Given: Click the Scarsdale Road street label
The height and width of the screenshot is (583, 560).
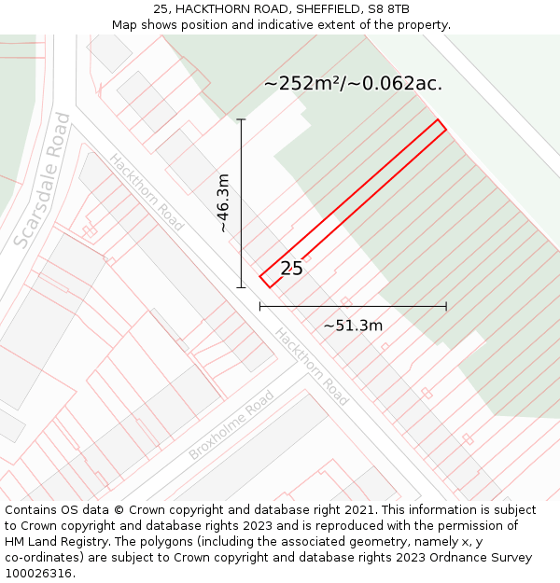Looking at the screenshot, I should pyautogui.click(x=42, y=181).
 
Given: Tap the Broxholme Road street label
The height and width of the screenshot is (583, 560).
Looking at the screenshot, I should pyautogui.click(x=231, y=425).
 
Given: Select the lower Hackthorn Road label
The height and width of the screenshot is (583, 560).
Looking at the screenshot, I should pyautogui.click(x=312, y=367).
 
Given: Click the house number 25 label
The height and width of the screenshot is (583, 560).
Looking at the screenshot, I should pyautogui.click(x=291, y=269).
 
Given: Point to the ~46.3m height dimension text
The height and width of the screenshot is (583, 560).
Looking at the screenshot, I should pyautogui.click(x=223, y=203).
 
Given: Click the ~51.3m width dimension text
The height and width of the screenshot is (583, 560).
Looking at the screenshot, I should pyautogui.click(x=353, y=326).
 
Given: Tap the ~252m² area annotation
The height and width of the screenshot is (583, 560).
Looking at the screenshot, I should pyautogui.click(x=352, y=83).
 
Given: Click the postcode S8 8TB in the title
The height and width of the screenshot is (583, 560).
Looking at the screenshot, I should pyautogui.click(x=387, y=9).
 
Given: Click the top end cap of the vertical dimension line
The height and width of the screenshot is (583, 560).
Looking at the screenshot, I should pyautogui.click(x=241, y=119).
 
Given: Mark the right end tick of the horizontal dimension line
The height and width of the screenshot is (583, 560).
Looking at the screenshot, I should pyautogui.click(x=446, y=306).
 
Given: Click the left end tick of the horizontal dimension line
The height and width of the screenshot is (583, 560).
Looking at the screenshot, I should pyautogui.click(x=259, y=306).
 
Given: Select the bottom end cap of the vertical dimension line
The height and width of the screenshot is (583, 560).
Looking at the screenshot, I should pyautogui.click(x=241, y=287).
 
